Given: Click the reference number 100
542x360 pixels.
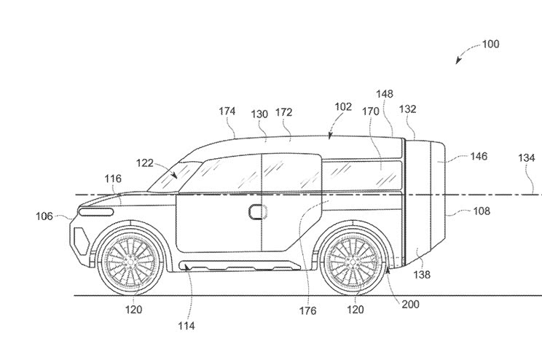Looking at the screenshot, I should [x=490, y=44].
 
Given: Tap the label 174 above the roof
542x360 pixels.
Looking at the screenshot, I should [x=227, y=111].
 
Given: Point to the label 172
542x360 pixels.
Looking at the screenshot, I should [x=283, y=113].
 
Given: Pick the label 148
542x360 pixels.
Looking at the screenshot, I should [x=385, y=94].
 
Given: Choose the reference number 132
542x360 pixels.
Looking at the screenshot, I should [x=407, y=109].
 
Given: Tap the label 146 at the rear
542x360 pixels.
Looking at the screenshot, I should [x=479, y=157].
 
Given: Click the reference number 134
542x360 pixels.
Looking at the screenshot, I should [x=527, y=157].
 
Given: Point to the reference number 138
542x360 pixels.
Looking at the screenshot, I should [x=422, y=275].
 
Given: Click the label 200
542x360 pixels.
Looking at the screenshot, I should [x=410, y=305].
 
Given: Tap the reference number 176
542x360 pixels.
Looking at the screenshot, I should [x=307, y=311].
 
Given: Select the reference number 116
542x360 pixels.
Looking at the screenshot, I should [x=113, y=179].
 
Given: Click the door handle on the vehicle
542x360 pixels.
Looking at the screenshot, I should [x=256, y=212].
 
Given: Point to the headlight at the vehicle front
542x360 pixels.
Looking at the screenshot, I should [x=94, y=213].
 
